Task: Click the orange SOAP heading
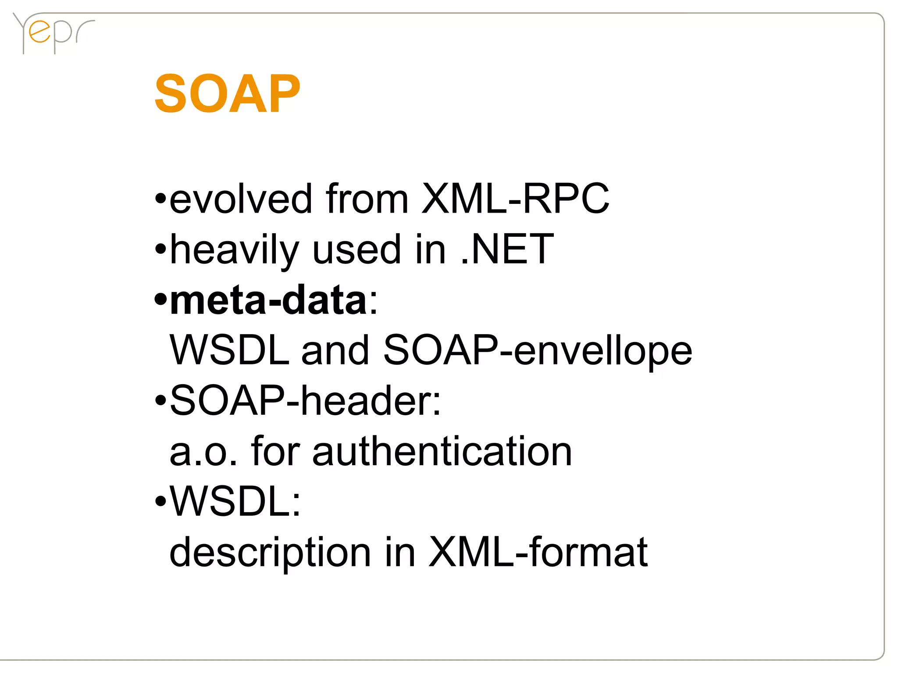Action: pos(227,94)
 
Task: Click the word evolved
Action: pos(240,199)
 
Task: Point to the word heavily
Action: pos(234,250)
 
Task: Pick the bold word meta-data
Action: pos(268,301)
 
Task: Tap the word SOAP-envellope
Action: pos(538,351)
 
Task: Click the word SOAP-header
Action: pos(305,401)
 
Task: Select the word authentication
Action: pos(442,452)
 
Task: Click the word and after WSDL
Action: pos(335,351)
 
